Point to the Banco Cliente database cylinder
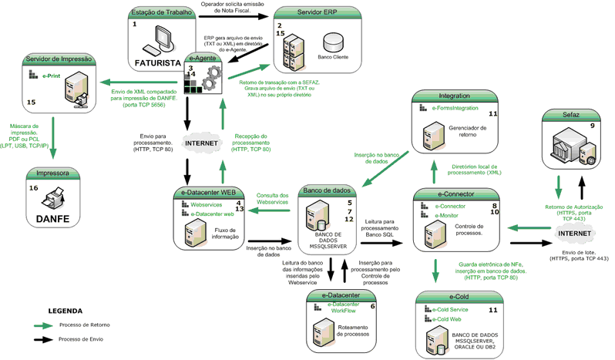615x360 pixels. [333, 41]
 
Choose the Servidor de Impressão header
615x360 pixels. [59, 59]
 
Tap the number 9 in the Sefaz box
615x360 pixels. [591, 126]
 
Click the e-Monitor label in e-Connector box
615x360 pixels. [450, 217]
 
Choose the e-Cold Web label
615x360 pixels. [449, 318]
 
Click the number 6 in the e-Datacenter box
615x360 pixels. [373, 306]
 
